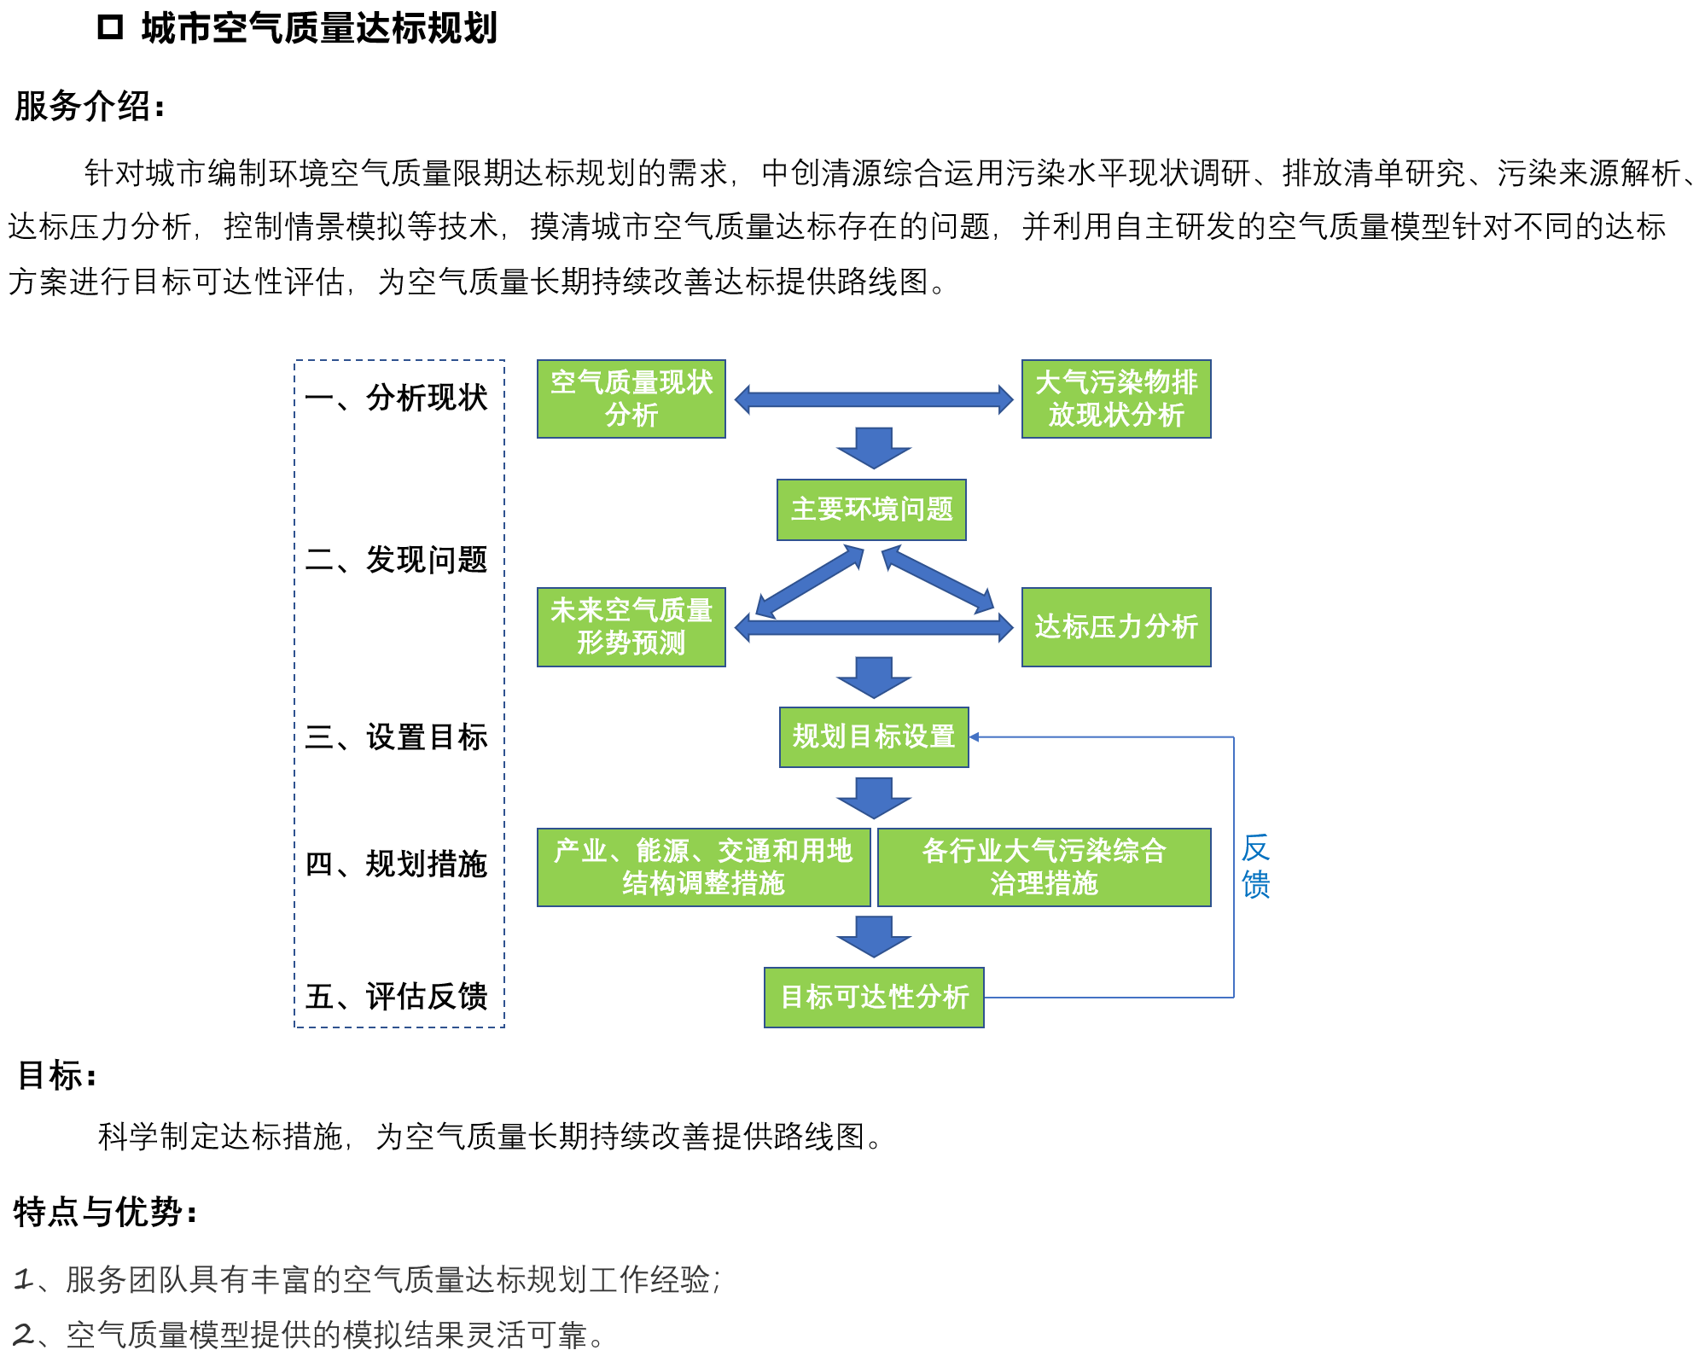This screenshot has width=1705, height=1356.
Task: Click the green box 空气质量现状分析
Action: [x=631, y=399]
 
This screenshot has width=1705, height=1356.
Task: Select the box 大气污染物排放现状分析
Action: [x=1115, y=399]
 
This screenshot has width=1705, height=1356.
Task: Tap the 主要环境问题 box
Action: [x=871, y=509]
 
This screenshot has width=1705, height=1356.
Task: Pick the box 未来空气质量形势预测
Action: [x=631, y=626]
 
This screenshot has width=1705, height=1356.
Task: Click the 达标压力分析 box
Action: [x=1115, y=626]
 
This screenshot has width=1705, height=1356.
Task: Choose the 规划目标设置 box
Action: [x=873, y=736]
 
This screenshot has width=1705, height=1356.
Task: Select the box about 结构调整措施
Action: [x=703, y=867]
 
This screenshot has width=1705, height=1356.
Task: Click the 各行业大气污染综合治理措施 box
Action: [x=1044, y=867]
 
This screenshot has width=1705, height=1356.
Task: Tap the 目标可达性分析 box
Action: [x=874, y=997]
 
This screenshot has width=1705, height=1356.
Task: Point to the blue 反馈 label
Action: [x=1255, y=866]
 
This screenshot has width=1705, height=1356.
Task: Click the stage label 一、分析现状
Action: [x=397, y=398]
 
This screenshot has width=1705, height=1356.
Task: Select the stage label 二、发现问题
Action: [x=397, y=560]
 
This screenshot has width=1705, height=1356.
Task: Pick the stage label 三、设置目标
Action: [x=397, y=737]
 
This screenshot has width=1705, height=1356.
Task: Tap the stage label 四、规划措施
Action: [x=397, y=864]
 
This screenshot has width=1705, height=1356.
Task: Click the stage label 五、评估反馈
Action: [x=397, y=996]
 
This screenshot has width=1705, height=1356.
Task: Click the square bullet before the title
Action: [x=110, y=27]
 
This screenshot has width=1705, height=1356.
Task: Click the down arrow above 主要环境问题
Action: [x=874, y=448]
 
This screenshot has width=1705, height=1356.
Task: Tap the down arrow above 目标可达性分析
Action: [x=874, y=936]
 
